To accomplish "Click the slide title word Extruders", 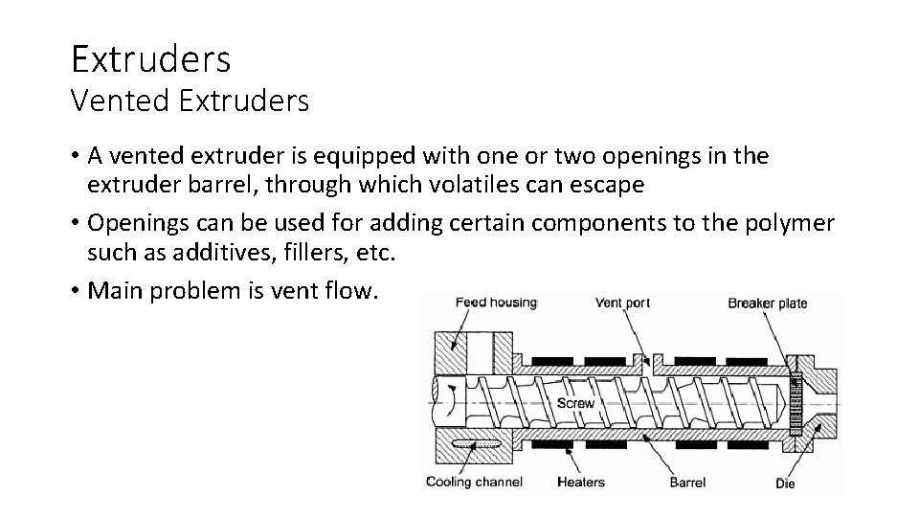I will pos(150,58).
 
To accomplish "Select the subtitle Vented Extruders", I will pos(190,101).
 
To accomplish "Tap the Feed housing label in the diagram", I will pos(496,303).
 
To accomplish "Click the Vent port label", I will pos(622,303).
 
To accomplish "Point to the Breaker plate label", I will pos(767,303).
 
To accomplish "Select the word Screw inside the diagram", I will pos(575,403).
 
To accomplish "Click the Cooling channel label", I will pos(474,482).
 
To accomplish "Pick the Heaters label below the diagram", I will pos(581,482).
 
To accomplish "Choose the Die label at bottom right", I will pos(785,483).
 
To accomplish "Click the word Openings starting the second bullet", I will pos(136,223).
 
